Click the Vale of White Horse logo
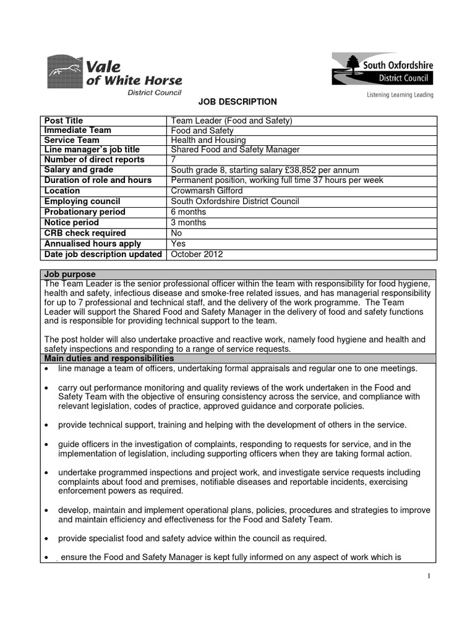coord(114,75)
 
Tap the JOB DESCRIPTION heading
coord(237,102)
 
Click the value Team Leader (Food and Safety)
coord(231,121)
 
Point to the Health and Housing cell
coord(208,140)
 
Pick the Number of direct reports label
coord(94,159)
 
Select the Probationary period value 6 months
coord(189,212)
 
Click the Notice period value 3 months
coord(189,223)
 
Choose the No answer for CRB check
coord(177,233)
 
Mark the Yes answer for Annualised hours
coord(178,244)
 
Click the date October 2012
coord(197,254)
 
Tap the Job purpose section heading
coord(69,274)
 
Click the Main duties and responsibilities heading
coord(109,359)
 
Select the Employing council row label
coord(82,202)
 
